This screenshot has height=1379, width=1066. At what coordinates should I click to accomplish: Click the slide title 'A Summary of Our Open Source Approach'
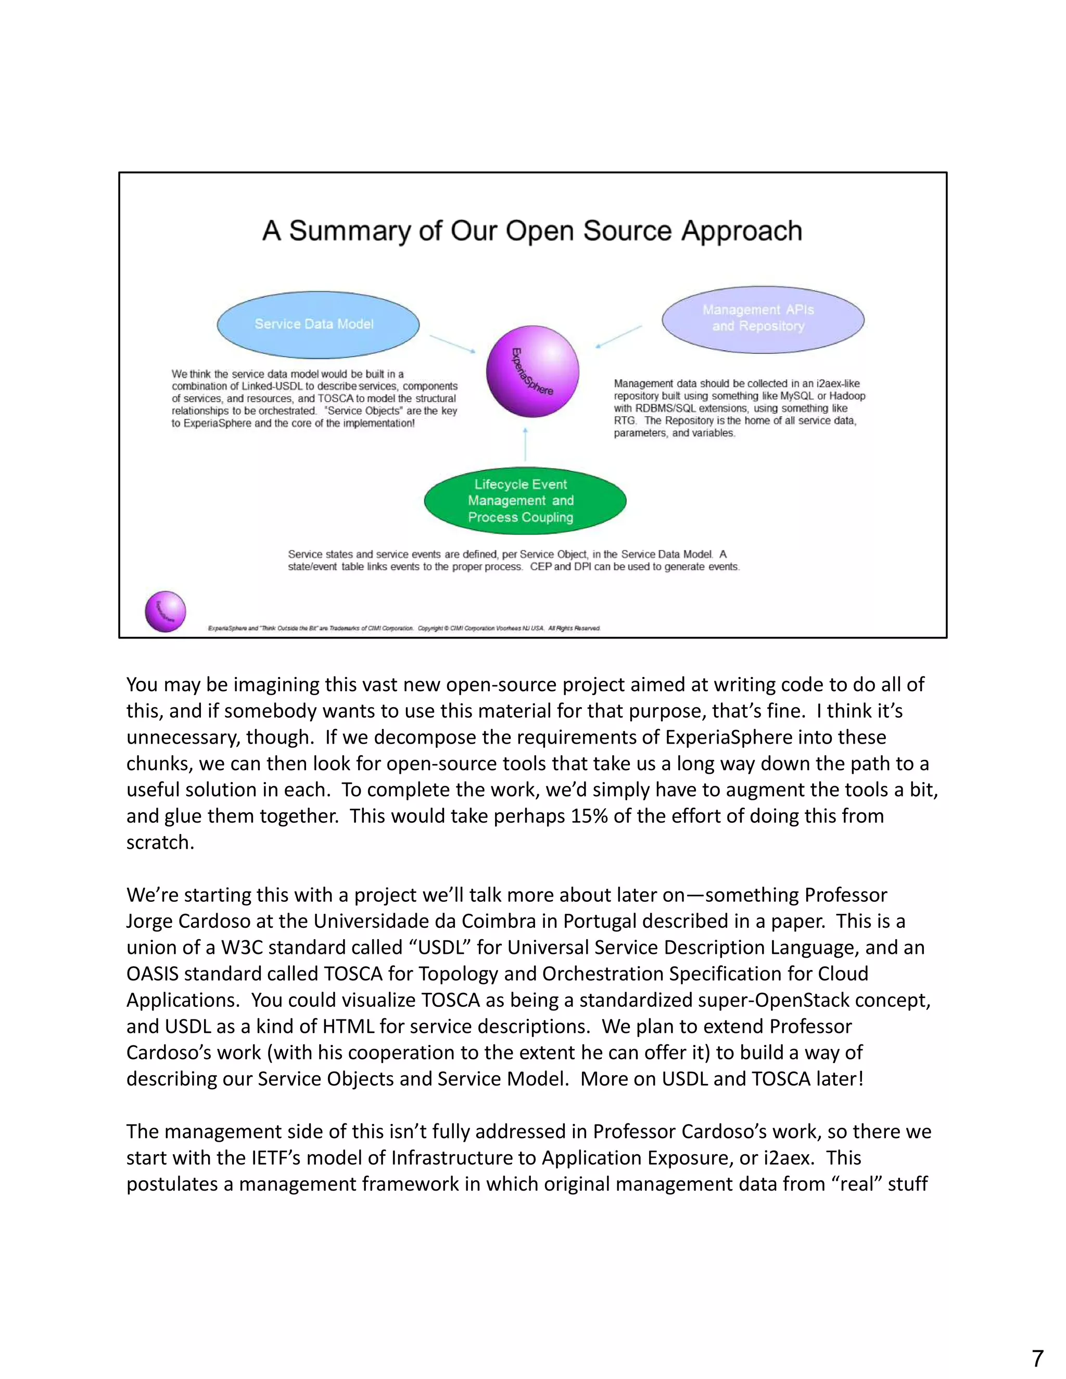pyautogui.click(x=532, y=231)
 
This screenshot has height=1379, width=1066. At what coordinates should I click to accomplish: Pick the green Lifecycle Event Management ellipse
pyautogui.click(x=524, y=501)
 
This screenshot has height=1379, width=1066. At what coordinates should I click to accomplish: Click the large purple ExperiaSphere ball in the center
pyautogui.click(x=532, y=371)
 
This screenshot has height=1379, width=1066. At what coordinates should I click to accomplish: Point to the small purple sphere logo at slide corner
pyautogui.click(x=166, y=611)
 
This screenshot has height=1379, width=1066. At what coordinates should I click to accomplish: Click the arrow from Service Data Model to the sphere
pyautogui.click(x=452, y=343)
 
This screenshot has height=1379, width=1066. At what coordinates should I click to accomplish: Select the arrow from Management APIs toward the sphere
pyautogui.click(x=619, y=337)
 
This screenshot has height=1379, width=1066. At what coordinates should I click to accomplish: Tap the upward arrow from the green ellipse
pyautogui.click(x=525, y=445)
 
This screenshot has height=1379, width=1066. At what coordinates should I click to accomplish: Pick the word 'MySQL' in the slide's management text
pyautogui.click(x=796, y=396)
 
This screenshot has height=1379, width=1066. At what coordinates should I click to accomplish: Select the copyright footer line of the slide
pyautogui.click(x=404, y=628)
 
